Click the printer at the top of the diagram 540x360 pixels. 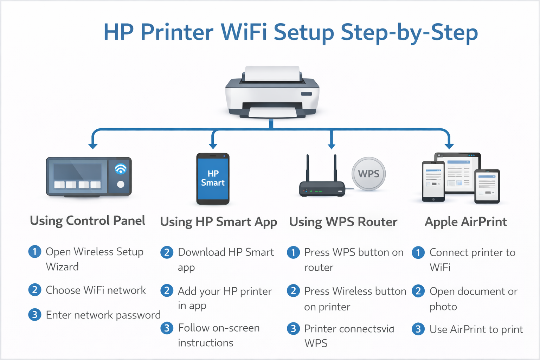pyautogui.click(x=272, y=93)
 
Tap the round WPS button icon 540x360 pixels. pyautogui.click(x=369, y=174)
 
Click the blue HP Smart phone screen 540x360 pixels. pyautogui.click(x=213, y=179)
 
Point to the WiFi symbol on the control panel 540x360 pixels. pyautogui.click(x=121, y=169)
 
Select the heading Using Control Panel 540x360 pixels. pyautogui.click(x=88, y=221)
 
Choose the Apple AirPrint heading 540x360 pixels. pyautogui.click(x=466, y=222)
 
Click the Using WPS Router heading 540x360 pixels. pyautogui.click(x=343, y=222)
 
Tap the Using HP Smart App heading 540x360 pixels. pyautogui.click(x=218, y=222)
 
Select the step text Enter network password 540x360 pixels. pyautogui.click(x=103, y=315)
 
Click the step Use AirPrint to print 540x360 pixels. pyautogui.click(x=476, y=329)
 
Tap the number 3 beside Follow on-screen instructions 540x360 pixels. pyautogui.click(x=167, y=328)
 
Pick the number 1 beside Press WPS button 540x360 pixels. pyautogui.click(x=293, y=252)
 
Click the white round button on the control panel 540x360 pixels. pyautogui.click(x=121, y=184)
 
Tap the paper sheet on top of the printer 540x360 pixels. pyautogui.click(x=272, y=73)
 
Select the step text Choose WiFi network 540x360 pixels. pyautogui.click(x=96, y=290)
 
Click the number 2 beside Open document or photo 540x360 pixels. pyautogui.click(x=418, y=291)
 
